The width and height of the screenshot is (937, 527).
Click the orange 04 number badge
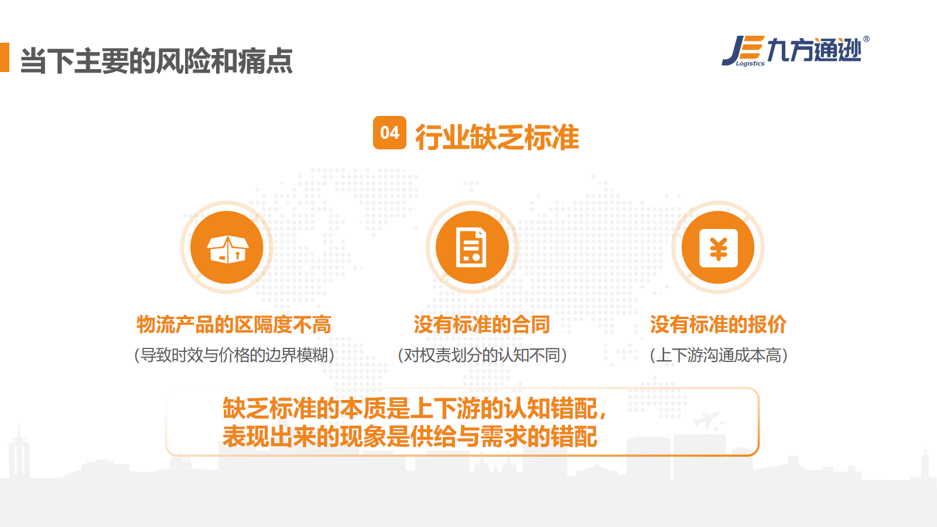(389, 132)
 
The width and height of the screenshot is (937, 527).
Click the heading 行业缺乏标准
(497, 137)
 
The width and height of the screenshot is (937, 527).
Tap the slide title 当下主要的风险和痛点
(156, 61)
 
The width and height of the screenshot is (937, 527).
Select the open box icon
(228, 249)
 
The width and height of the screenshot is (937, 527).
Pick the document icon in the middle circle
(471, 248)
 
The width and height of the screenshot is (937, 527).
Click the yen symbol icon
(718, 248)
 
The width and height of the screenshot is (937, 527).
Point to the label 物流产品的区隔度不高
(234, 324)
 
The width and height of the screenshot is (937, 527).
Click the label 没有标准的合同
(481, 324)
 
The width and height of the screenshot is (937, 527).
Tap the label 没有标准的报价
(718, 324)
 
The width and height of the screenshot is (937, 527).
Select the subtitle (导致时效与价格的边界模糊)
(234, 355)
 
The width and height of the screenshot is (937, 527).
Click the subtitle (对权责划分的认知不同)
(483, 355)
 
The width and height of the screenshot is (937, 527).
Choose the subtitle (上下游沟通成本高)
(719, 355)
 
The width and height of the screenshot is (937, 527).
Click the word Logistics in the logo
(750, 64)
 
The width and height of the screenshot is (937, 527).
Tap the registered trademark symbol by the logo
(866, 39)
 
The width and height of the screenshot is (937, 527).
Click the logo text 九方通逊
(814, 50)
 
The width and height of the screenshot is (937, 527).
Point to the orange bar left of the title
(5, 57)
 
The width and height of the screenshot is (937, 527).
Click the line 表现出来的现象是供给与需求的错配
(410, 437)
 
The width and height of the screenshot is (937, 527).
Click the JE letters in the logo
(743, 50)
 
